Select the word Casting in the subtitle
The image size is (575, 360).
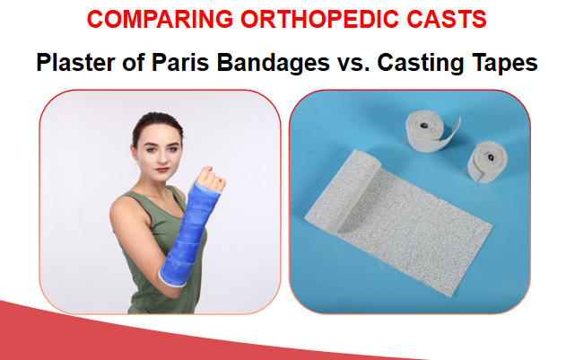click(404, 63)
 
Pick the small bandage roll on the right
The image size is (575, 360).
click(492, 162)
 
